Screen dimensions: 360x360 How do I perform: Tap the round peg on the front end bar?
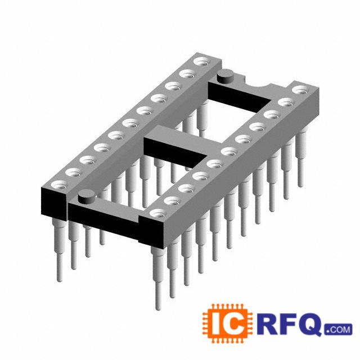[87, 197]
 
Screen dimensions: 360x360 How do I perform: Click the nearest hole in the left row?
[59, 186]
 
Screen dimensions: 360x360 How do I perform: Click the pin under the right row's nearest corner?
[158, 278]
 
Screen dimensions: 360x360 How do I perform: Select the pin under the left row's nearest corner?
[58, 250]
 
